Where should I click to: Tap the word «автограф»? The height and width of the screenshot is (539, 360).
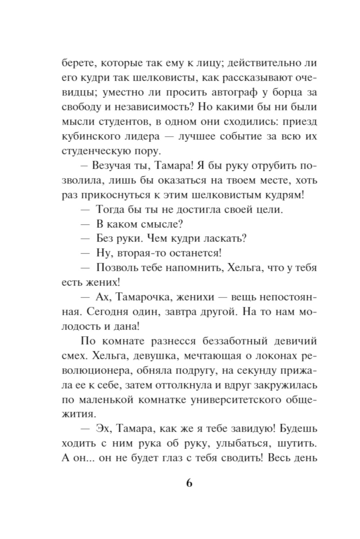tap(229, 93)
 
